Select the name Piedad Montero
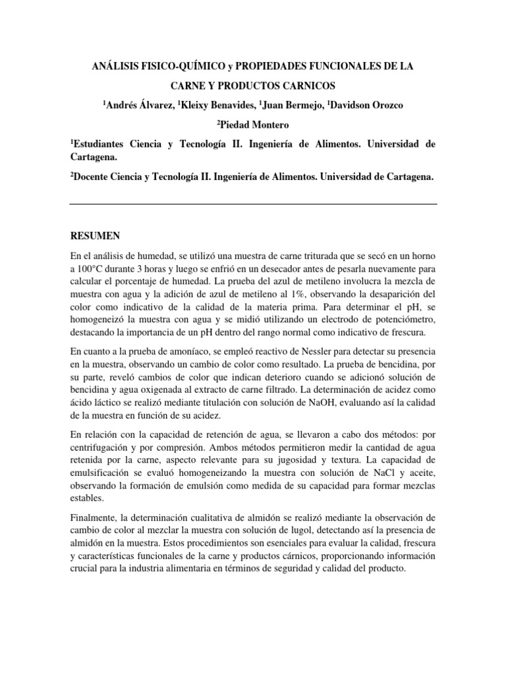tap(254, 124)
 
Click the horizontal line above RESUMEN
tap(253, 204)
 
